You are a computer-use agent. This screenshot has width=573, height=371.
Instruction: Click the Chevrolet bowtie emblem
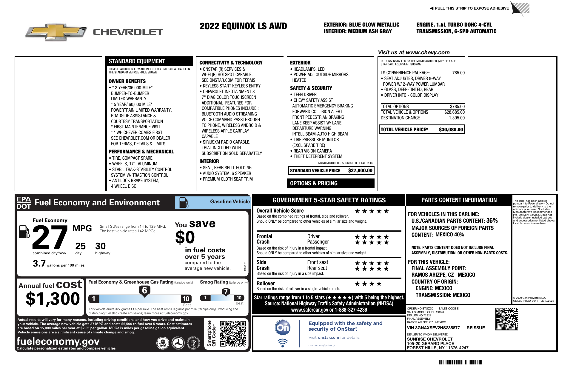(56, 32)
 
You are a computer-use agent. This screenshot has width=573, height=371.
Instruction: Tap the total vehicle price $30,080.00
(451, 130)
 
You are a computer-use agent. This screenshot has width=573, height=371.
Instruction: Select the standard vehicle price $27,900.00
(360, 170)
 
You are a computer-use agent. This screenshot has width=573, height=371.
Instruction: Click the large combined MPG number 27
(50, 238)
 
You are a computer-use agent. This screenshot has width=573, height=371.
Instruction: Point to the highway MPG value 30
(100, 246)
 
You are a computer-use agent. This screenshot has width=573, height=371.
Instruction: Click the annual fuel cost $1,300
(53, 299)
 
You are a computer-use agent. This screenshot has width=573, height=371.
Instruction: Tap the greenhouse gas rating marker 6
(144, 290)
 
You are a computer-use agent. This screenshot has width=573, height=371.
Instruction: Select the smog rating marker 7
(226, 292)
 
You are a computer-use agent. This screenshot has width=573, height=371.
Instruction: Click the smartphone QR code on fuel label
(233, 333)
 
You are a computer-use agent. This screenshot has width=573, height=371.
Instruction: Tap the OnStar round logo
(282, 327)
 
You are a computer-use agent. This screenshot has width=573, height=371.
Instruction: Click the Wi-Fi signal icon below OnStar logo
(282, 343)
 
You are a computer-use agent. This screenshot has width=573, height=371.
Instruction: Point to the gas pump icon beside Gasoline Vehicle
(184, 202)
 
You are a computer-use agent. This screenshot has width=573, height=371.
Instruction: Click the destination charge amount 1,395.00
(457, 118)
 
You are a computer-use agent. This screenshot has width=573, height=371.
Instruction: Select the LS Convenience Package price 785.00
(458, 73)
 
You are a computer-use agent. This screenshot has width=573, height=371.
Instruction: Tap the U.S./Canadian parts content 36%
(492, 221)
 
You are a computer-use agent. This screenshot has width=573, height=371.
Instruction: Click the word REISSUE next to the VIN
(475, 328)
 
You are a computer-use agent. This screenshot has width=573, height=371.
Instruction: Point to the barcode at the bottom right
(461, 363)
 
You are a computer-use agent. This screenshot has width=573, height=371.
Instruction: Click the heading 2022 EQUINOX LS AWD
(243, 26)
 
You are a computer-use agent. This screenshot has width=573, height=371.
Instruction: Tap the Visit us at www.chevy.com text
(414, 53)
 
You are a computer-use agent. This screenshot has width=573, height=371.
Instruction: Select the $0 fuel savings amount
(185, 238)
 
